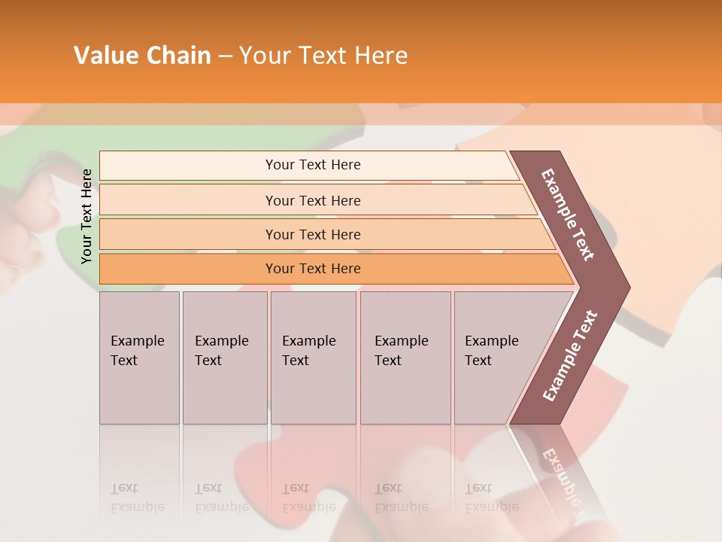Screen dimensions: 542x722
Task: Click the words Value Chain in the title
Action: [142, 56]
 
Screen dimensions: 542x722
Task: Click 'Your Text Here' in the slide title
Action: [323, 56]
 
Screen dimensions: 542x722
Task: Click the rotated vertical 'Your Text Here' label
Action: [86, 216]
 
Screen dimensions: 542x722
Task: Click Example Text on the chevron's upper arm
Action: [568, 215]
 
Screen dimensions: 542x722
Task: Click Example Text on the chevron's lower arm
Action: [570, 355]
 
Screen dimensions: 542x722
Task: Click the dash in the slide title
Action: [225, 56]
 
